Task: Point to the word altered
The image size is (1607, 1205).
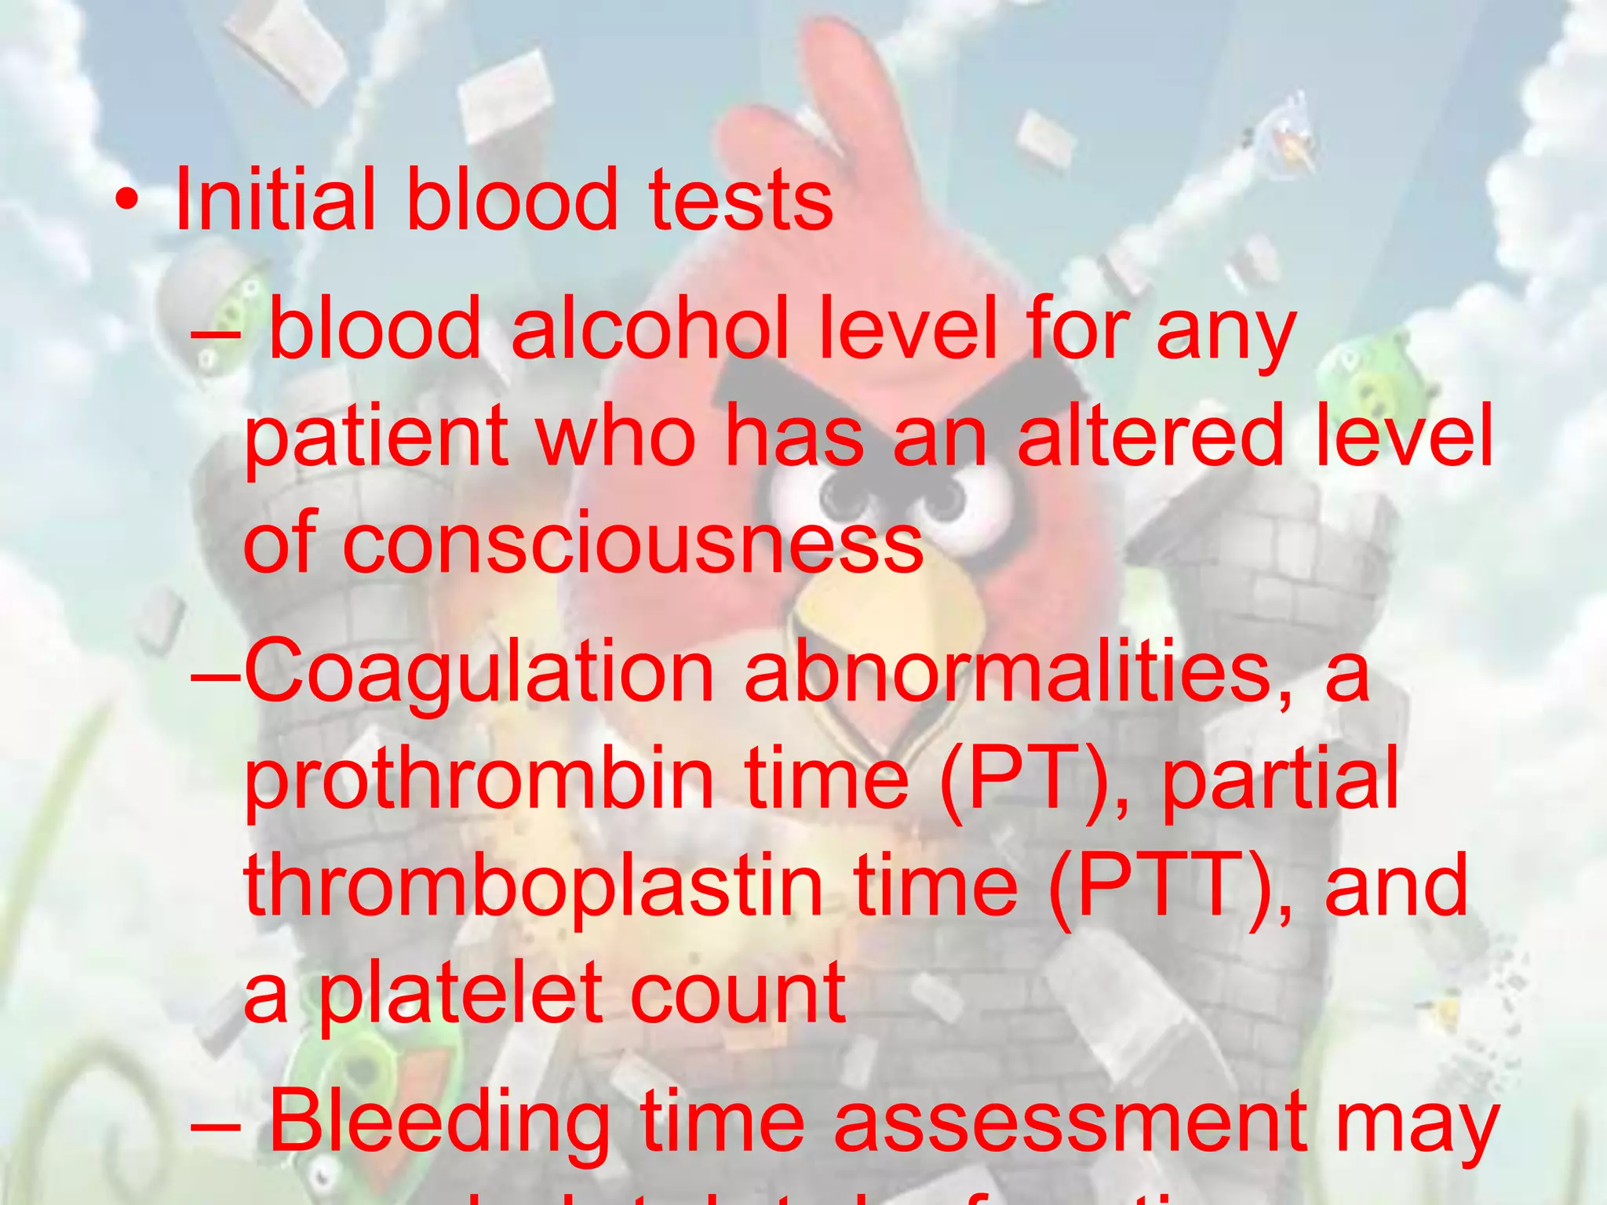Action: click(1150, 435)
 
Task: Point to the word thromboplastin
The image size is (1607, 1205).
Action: click(534, 886)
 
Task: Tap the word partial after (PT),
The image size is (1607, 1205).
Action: click(1280, 779)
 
